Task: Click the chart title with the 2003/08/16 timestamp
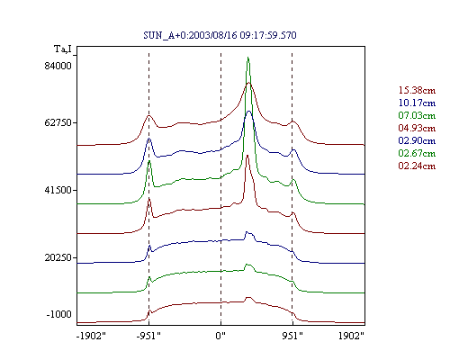pos(220,35)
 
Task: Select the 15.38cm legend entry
pos(417,90)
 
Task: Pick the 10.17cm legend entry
pos(417,103)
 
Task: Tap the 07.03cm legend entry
pos(417,115)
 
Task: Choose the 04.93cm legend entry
pos(417,128)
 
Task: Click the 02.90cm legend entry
pos(417,140)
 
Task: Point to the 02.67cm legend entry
pos(417,153)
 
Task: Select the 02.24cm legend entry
pos(417,166)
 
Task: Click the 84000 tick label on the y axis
pos(58,66)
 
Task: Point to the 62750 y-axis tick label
pos(58,122)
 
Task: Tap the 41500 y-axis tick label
pos(58,190)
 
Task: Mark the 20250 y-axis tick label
pos(58,257)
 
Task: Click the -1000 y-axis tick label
pos(59,314)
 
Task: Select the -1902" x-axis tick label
pos(91,336)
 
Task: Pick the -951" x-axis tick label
pos(148,336)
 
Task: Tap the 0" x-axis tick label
pos(220,336)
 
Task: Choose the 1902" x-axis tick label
pos(351,336)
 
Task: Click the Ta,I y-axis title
pos(63,49)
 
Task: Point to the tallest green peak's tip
pos(247,57)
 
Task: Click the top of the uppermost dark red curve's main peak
pos(248,83)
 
